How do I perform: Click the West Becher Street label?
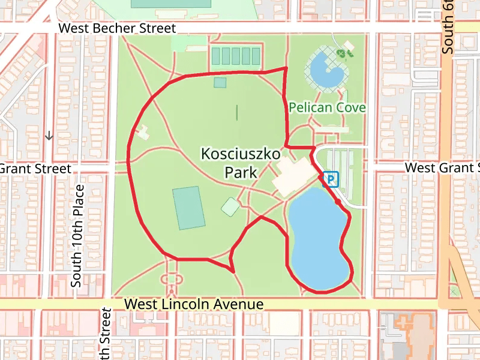point(117,28)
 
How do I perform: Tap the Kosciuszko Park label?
point(241,163)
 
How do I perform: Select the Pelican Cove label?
point(327,108)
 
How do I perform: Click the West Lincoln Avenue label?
point(194,304)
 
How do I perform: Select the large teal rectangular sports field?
point(188,208)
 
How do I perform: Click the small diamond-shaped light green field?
point(231,207)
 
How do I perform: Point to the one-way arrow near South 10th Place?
point(49,136)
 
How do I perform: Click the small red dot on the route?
point(338,203)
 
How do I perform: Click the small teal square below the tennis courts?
point(220,82)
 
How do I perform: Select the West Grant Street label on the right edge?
point(443,167)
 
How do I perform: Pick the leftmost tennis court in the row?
point(216,56)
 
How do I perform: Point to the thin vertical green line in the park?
point(236,112)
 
